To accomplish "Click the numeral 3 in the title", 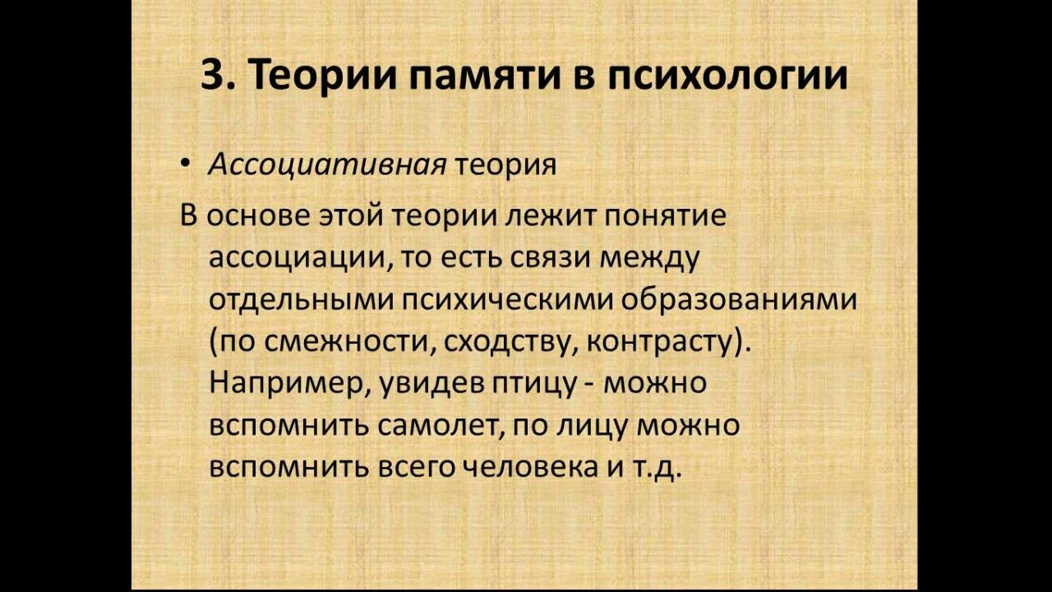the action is pos(213,75).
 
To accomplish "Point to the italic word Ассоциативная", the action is pos(327,165).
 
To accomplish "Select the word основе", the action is pos(257,216).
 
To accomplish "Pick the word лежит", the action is pos(547,216).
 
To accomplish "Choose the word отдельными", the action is pos(301,300).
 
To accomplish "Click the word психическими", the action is pos(507,302).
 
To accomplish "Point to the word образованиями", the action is pos(739,300).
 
